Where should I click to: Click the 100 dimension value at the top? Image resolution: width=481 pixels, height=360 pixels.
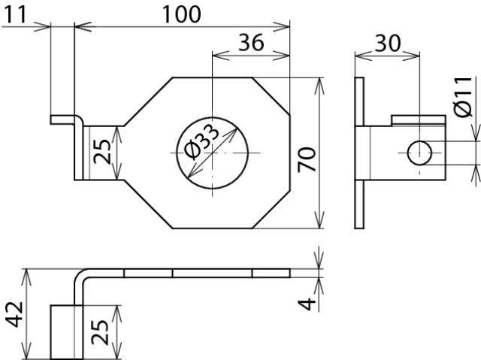[x=181, y=14]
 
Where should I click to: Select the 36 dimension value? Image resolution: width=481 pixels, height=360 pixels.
[x=251, y=43]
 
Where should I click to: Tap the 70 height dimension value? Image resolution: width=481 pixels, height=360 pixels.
[x=307, y=159]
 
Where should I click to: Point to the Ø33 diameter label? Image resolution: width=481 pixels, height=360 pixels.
[x=202, y=142]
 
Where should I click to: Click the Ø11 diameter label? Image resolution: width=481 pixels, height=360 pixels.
[x=463, y=97]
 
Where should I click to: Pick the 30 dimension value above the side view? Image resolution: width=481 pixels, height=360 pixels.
[x=388, y=44]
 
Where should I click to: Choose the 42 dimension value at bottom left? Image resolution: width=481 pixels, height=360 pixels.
[x=14, y=315]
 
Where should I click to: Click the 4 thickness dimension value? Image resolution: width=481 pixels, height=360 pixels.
[x=307, y=304]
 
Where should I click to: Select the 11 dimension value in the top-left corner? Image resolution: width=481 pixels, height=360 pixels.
[x=15, y=15]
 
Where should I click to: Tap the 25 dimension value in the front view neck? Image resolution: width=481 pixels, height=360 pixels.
[x=102, y=152]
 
